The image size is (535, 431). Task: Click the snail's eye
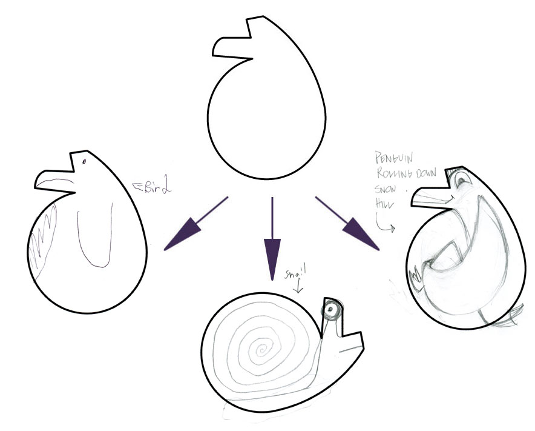click(330, 311)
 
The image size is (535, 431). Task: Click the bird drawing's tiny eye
click(84, 161)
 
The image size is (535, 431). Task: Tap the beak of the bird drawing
click(53, 180)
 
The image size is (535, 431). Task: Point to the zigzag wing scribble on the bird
click(42, 242)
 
